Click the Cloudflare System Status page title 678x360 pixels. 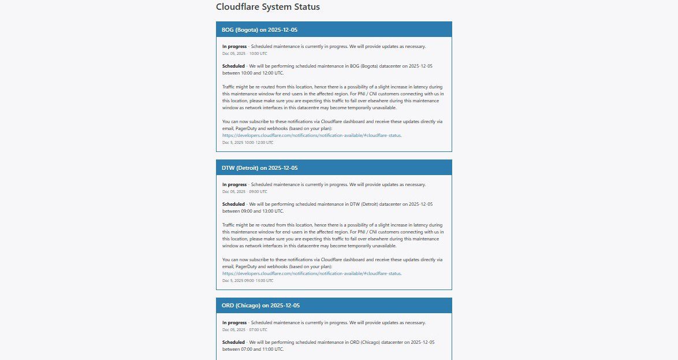point(267,7)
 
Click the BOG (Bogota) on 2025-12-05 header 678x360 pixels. point(259,29)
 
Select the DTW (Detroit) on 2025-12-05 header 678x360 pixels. point(259,168)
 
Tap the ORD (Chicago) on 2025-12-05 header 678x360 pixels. point(260,305)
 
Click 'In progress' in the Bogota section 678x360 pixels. point(234,46)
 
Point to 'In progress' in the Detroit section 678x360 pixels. point(234,184)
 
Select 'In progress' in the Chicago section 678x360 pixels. point(234,322)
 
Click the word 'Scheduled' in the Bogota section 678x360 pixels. point(233,66)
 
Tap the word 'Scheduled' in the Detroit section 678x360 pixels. point(233,204)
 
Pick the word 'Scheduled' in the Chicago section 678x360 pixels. point(233,342)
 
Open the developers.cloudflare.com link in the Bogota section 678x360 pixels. point(311,135)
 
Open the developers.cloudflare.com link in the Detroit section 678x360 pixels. point(311,273)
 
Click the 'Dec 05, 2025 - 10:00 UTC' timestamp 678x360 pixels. point(245,53)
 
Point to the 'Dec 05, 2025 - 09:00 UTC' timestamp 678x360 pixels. point(245,191)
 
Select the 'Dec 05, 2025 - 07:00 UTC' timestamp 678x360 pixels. point(245,329)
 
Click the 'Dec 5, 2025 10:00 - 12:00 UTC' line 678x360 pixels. point(248,142)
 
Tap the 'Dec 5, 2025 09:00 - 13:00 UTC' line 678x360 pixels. point(248,280)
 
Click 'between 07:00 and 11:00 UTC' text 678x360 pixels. point(253,349)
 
